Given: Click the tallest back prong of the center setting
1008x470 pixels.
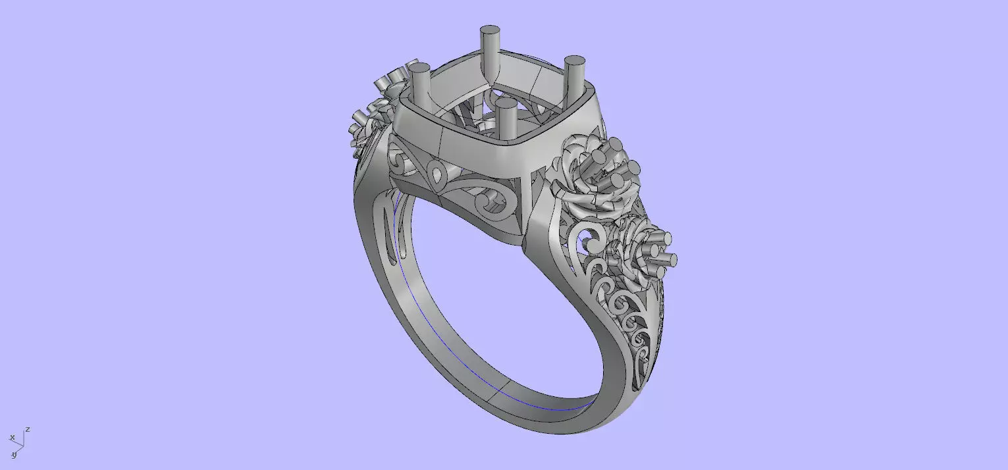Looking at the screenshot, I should click(x=490, y=53).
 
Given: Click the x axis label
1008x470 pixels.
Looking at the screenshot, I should click(x=12, y=437).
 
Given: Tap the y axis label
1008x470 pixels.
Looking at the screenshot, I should click(x=13, y=454).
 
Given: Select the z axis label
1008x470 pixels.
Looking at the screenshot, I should click(x=28, y=429).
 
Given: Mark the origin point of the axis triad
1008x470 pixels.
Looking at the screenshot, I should click(x=23, y=446).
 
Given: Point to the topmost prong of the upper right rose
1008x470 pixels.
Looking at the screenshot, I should click(x=618, y=144).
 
